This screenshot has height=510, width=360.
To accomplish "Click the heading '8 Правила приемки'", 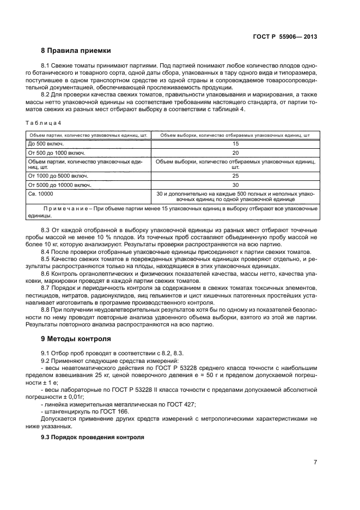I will pyautogui.click(x=76, y=51).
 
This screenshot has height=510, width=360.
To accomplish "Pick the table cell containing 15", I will pyautogui.click(x=235, y=143).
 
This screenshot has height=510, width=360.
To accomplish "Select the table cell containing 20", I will pyautogui.click(x=235, y=153).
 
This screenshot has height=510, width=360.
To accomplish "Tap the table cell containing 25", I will pyautogui.click(x=235, y=176).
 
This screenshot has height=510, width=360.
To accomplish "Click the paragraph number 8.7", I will pyautogui.click(x=47, y=287).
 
